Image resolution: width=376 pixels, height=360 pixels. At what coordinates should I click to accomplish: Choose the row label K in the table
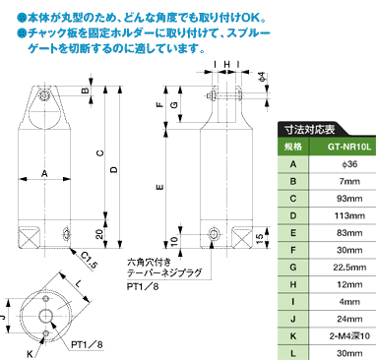293,336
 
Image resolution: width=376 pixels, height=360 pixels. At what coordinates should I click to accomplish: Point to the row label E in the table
293,233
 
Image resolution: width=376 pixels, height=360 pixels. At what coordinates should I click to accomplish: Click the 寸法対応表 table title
309,130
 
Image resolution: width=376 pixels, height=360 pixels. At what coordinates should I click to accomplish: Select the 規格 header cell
293,147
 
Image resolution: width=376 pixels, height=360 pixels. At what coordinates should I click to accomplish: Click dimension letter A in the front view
44,174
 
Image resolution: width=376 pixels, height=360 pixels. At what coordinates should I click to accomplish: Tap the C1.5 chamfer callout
89,261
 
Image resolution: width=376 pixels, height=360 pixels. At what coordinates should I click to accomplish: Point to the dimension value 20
99,234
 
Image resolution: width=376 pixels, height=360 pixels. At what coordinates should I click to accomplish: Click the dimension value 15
259,237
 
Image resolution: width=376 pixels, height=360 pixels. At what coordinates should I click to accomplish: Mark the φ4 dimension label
262,78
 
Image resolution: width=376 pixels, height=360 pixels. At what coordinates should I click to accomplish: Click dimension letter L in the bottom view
78,284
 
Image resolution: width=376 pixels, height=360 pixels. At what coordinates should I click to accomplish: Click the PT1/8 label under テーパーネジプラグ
143,286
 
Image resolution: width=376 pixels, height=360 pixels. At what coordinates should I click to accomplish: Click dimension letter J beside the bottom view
3,317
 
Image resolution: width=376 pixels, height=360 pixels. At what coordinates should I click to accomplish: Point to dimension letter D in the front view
114,169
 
